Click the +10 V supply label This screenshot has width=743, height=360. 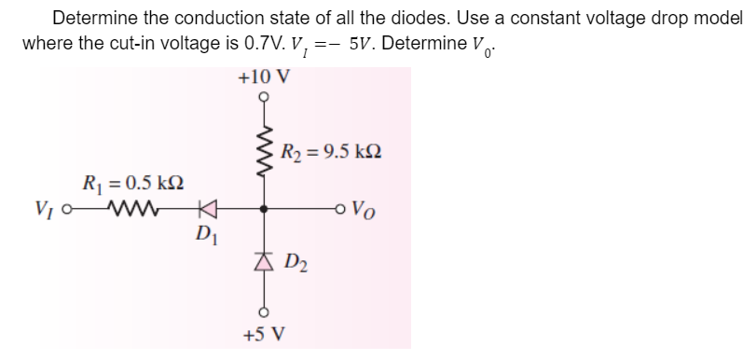point(264,76)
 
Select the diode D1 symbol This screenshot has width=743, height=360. point(209,210)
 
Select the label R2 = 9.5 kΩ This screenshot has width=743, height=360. point(330,150)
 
